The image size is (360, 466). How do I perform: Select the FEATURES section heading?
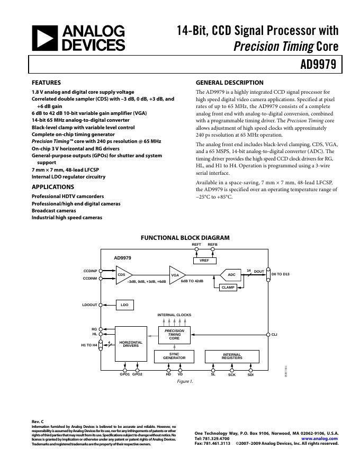[x=46, y=83]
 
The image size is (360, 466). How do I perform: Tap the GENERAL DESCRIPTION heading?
[x=229, y=83]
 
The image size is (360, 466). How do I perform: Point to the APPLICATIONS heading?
[x=52, y=187]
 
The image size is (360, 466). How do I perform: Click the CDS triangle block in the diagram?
[x=122, y=275]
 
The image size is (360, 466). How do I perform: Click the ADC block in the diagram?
[x=231, y=275]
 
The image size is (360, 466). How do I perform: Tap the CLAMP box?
[x=228, y=287]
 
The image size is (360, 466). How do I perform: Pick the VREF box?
[x=204, y=261]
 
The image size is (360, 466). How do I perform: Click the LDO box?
[x=124, y=305]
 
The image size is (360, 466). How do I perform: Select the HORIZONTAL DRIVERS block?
[x=130, y=344]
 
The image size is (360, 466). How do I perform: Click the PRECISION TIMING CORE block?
[x=174, y=335]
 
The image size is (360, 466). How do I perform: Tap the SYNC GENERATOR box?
[x=174, y=356]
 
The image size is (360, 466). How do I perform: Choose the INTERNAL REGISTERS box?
[x=231, y=356]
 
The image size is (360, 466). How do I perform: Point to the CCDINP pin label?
[x=90, y=271]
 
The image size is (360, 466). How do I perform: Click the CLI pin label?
[x=274, y=335]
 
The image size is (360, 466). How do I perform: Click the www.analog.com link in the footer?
[x=319, y=438]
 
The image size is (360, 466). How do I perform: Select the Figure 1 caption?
[x=185, y=381]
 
